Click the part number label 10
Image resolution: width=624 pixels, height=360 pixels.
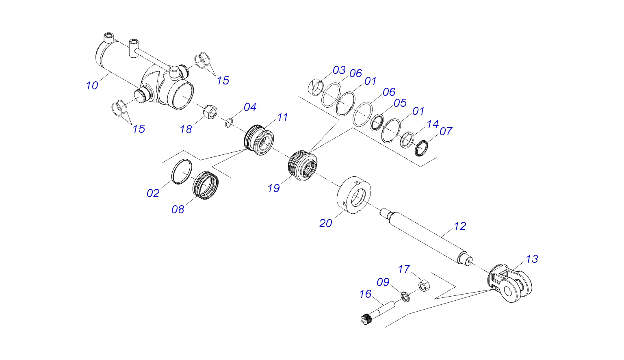pos(92,86)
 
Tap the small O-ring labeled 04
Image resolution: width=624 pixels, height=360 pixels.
pos(229,122)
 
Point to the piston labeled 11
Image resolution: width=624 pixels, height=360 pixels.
pos(259,139)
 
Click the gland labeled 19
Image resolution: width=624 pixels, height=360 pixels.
pos(303,165)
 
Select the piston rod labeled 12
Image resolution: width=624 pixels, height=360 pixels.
pos(427,236)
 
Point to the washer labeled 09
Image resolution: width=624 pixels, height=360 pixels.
pos(405,296)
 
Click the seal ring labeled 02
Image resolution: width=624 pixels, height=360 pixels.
pos(181,171)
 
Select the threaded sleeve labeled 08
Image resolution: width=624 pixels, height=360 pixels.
pos(205,185)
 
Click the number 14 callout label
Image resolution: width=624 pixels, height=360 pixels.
pos(433,124)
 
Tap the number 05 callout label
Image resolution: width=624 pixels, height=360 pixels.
pos(400,103)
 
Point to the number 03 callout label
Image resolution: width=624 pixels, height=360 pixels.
pos(339,70)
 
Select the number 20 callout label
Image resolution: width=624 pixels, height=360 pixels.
pos(325,223)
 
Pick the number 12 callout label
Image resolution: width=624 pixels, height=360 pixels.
pos(459,226)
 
